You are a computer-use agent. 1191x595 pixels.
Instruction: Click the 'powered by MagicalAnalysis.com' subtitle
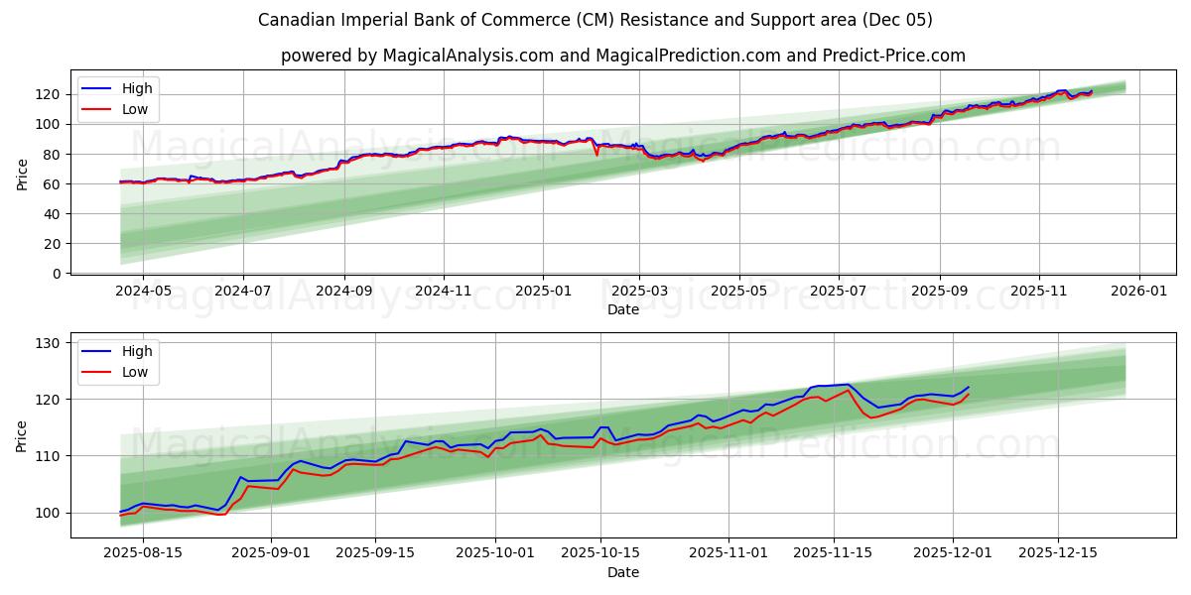(622, 56)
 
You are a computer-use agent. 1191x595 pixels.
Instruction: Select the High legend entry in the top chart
(137, 88)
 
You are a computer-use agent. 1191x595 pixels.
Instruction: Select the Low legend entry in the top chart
(135, 109)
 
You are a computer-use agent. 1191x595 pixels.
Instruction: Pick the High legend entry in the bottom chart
(137, 351)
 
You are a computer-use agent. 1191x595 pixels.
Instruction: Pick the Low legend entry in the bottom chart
(135, 372)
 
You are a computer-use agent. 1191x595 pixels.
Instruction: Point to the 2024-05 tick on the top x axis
(143, 293)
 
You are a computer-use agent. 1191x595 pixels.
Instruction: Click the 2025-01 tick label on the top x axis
(543, 293)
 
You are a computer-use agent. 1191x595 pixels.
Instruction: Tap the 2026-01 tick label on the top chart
(1138, 293)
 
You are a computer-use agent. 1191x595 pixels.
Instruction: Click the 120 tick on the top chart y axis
(49, 94)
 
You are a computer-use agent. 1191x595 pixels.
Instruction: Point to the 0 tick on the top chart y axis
(57, 274)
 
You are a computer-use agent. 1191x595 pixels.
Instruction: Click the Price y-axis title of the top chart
(23, 174)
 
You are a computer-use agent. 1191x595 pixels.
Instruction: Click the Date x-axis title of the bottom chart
(622, 573)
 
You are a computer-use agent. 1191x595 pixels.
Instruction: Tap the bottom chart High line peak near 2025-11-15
(848, 384)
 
